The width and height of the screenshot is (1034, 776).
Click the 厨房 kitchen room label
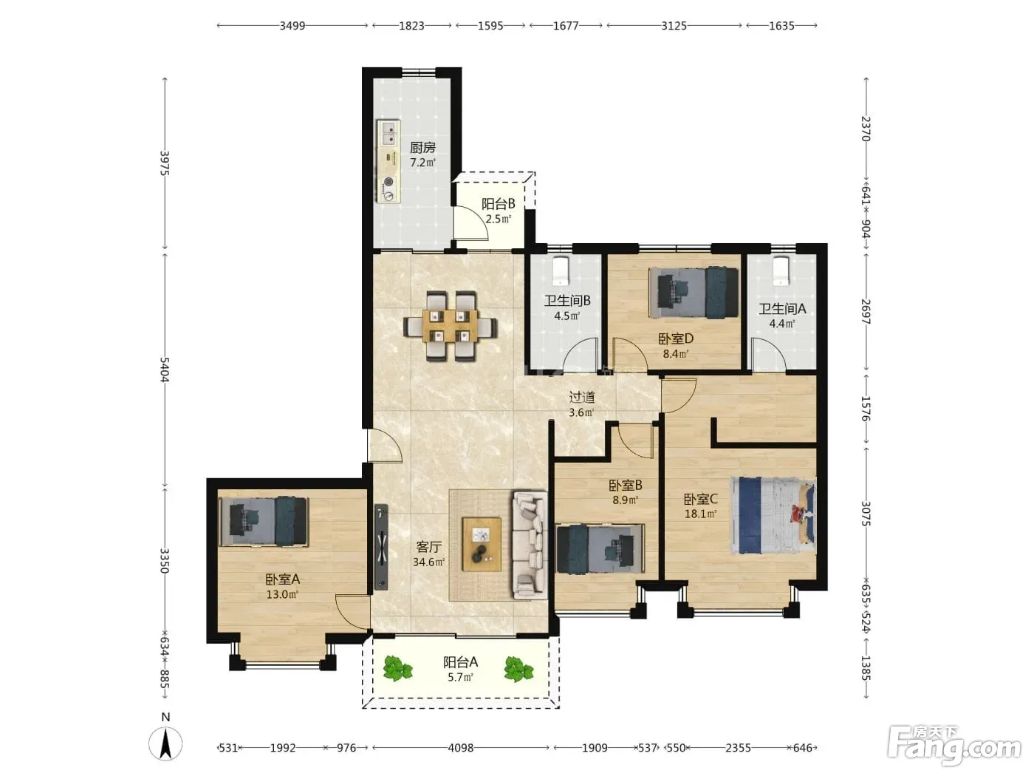point(422,148)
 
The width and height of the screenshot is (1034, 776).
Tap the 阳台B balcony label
point(498,204)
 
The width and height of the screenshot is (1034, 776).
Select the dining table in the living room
point(451,326)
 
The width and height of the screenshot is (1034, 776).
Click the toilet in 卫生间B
point(561,270)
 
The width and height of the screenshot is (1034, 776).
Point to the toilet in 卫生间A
point(780,270)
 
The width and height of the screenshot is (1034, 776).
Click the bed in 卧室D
point(694,292)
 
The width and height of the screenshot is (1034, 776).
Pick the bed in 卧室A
point(264,521)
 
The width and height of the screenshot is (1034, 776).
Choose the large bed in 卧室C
point(773,515)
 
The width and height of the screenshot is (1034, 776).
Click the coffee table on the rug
point(482,544)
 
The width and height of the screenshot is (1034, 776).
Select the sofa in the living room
point(530,545)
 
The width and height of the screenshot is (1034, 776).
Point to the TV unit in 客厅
point(381,547)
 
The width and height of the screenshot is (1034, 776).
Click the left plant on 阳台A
point(397,669)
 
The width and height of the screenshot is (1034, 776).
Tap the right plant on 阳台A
point(518,669)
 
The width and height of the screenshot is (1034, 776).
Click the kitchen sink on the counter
point(388,133)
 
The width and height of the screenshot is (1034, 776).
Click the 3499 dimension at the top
point(292,25)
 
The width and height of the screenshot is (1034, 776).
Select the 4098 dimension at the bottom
point(461,748)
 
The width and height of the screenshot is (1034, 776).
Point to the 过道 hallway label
point(582,397)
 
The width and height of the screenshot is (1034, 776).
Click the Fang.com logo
point(954,746)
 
